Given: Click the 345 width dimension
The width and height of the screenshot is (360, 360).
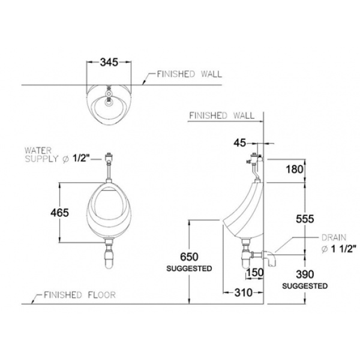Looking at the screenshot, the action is coord(109,62).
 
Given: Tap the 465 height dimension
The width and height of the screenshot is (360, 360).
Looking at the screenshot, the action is coord(59,212).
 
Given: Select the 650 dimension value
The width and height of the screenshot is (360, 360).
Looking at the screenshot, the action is coord(189,257).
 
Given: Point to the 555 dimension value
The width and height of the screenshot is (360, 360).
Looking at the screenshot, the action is coord(305,219).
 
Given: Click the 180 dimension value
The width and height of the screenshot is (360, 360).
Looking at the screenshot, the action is coord(295,169).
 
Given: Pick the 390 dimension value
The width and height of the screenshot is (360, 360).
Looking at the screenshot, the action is coord(305,274).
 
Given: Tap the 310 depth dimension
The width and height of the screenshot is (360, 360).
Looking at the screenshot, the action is coord(244,293).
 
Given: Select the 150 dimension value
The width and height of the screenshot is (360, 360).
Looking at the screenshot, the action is coord(254,272).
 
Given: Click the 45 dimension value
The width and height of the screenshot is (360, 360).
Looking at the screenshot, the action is coord(239,143).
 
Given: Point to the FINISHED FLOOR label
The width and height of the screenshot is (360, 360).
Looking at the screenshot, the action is coord(80,295).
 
